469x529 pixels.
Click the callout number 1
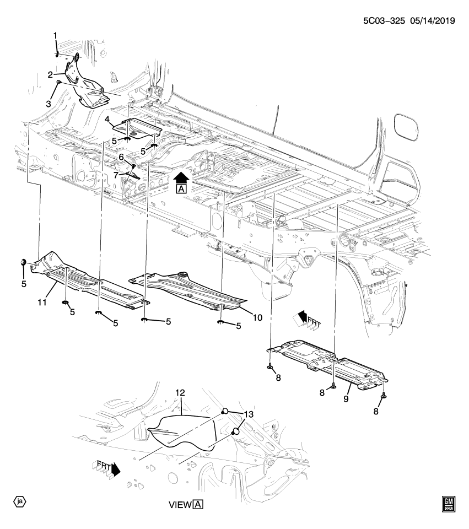[55, 36]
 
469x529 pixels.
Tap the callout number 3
[49, 103]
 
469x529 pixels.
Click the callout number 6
[122, 156]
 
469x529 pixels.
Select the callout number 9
[347, 398]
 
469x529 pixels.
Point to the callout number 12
[180, 393]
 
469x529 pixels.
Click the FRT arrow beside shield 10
[308, 320]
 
